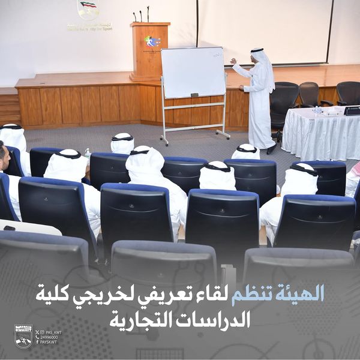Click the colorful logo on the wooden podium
[152, 42]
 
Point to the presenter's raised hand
[233, 61]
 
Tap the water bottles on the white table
[316, 110]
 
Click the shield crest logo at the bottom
[23, 337]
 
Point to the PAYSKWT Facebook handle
[51, 343]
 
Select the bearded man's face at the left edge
[4, 157]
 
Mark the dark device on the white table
[352, 110]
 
